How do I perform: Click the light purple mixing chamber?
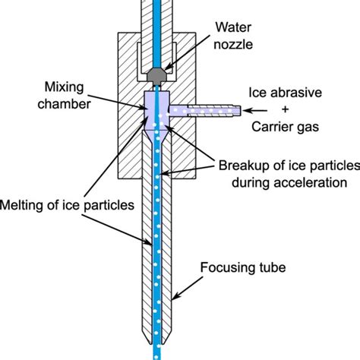[x=156, y=106]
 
